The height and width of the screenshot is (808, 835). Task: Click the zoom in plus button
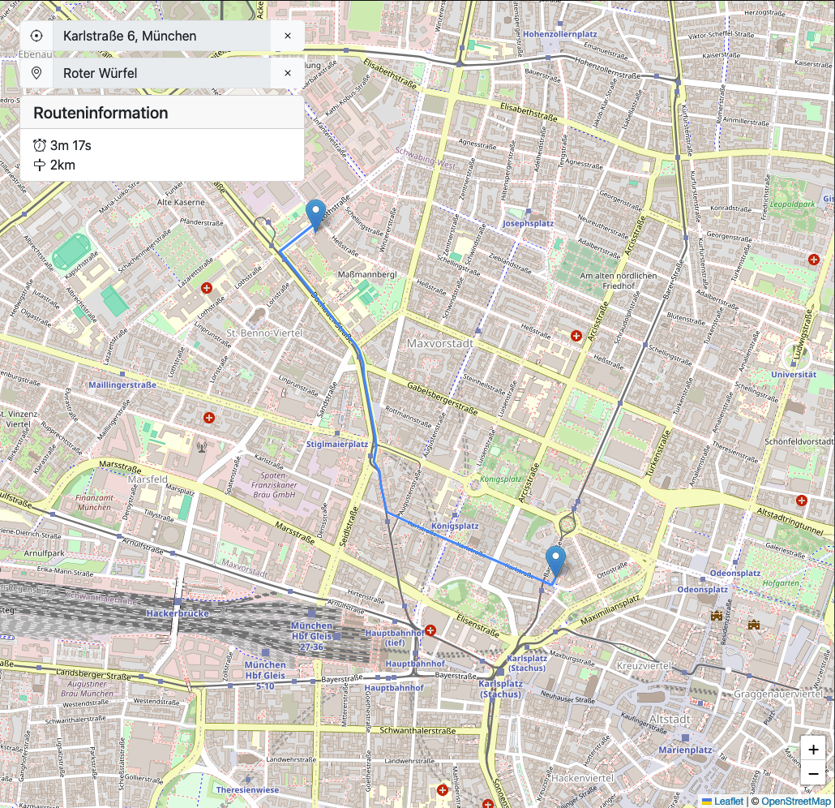(813, 750)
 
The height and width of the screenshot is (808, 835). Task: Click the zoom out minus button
(813, 775)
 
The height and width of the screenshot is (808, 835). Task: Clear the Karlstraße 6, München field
(287, 37)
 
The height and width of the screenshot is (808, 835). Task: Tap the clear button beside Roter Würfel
(287, 73)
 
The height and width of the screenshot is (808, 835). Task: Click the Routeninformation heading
(101, 113)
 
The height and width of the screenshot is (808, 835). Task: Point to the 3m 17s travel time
(71, 145)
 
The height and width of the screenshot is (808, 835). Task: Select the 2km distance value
(62, 165)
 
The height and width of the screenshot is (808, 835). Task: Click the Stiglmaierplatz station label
(337, 445)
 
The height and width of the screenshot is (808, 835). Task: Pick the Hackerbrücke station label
(178, 613)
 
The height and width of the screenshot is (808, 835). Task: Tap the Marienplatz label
(685, 750)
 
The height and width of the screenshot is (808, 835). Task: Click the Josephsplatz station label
(528, 223)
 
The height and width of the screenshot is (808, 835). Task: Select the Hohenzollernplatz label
(559, 35)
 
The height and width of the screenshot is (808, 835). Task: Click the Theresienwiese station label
(247, 789)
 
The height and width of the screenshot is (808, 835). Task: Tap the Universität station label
(794, 375)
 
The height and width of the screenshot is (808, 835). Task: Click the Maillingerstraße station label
(122, 385)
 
